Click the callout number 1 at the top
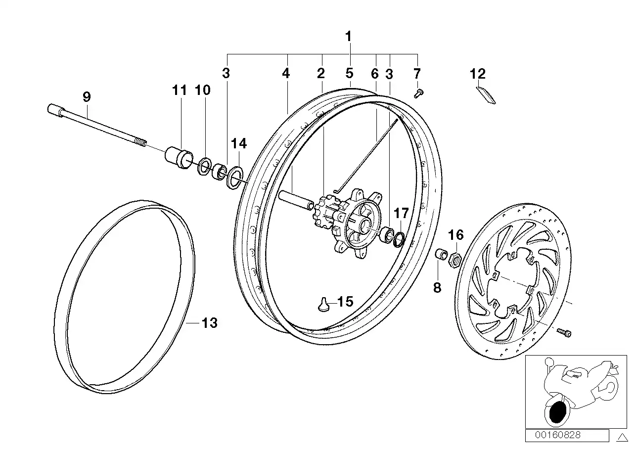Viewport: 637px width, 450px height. [x=349, y=37]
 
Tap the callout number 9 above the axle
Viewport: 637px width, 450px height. [x=87, y=97]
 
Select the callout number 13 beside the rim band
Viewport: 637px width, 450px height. [x=210, y=323]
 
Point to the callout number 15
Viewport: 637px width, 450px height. [x=345, y=302]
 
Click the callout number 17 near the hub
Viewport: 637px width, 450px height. [x=401, y=214]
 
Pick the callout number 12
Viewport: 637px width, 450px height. [x=478, y=74]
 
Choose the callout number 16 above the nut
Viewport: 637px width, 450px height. [x=456, y=234]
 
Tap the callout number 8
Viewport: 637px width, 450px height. [x=437, y=287]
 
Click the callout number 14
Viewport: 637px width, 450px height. [x=238, y=143]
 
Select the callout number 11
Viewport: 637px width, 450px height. [x=180, y=90]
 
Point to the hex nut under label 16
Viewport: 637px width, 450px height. [x=455, y=258]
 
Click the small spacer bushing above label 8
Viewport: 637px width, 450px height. [x=440, y=255]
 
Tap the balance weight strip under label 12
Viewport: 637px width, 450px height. [x=486, y=95]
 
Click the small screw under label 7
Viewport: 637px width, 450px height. [x=417, y=92]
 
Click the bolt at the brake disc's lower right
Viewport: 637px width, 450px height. [x=564, y=333]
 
